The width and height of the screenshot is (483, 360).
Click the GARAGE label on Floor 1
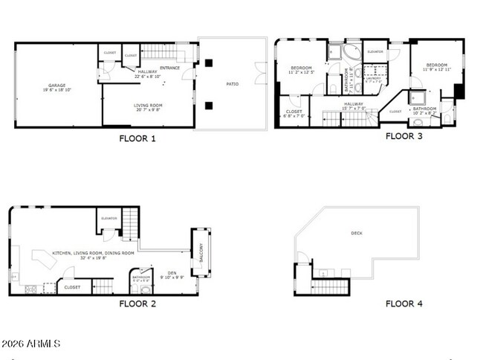point(57,86)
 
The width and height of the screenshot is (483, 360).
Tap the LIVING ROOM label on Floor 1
point(148,106)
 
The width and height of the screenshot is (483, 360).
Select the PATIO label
point(233,83)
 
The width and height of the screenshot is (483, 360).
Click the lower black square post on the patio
point(210,105)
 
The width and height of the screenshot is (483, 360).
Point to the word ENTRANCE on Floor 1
point(169,68)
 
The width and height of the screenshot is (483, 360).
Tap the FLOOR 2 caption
point(137,303)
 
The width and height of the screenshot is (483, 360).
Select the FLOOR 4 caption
point(403,303)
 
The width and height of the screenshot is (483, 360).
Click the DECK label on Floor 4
point(357,233)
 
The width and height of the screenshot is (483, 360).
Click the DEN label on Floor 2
point(172,272)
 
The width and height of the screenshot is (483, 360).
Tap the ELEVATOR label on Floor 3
point(375,51)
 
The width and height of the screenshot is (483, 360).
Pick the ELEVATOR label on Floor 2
point(109,218)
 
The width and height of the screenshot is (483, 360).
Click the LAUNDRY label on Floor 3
point(374,79)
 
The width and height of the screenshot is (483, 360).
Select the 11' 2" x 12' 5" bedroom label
point(302,70)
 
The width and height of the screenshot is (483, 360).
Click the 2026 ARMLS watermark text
point(30,344)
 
